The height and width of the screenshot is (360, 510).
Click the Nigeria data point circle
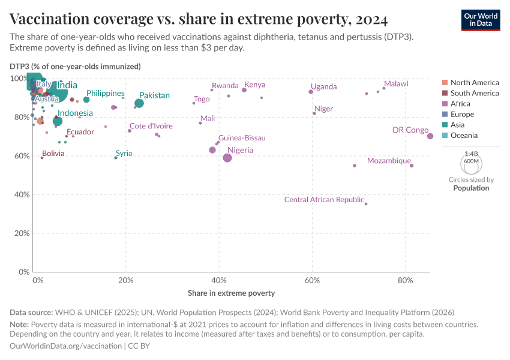tap(227, 158)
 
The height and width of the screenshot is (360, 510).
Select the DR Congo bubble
tap(430, 136)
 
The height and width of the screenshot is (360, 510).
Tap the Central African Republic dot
tap(366, 204)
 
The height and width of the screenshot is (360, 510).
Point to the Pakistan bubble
tap(139, 103)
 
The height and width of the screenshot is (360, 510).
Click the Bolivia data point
tap(42, 158)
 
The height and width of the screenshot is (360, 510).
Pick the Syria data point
tap(116, 158)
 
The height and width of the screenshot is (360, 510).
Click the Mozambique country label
tap(389, 161)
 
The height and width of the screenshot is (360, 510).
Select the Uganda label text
tap(324, 87)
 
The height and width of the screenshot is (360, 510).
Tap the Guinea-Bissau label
tap(242, 138)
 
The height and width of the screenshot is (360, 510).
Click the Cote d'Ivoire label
tap(151, 126)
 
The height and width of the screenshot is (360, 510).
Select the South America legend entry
tap(474, 93)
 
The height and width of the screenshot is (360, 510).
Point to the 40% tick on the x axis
tap(219, 280)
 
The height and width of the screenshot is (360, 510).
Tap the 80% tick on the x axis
tap(406, 280)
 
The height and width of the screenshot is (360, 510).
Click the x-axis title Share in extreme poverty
tap(231, 293)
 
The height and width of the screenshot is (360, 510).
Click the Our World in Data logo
tap(481, 19)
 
